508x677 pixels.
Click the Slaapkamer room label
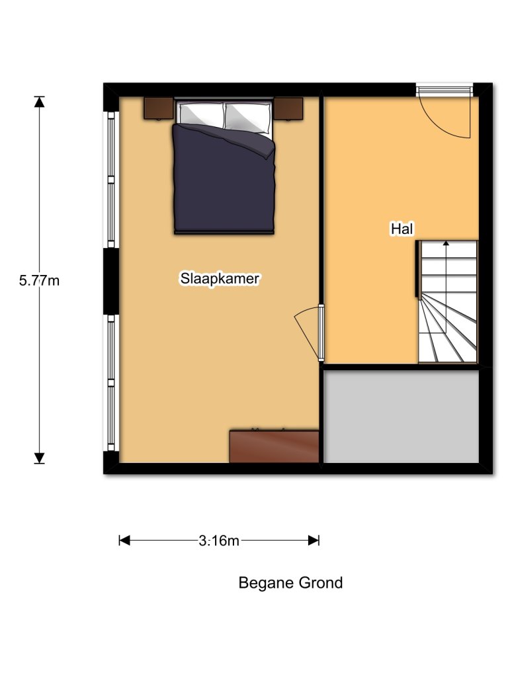point(220,279)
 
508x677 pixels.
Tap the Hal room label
point(402,229)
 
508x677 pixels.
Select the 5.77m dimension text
point(40,280)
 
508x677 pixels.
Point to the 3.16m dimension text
point(219,541)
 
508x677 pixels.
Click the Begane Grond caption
point(290,583)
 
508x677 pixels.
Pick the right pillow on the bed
point(248,116)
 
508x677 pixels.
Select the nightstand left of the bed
point(159,108)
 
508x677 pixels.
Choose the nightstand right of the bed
point(288,108)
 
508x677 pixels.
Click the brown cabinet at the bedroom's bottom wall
point(274,447)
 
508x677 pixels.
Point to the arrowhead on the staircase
point(446,243)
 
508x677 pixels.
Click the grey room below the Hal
point(402,417)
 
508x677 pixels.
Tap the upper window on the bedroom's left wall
point(112,180)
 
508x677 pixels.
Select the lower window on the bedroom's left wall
point(112,382)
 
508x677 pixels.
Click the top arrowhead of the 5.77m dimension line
point(40,101)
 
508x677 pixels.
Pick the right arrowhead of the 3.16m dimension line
point(314,541)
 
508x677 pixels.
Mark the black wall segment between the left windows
point(111,281)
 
